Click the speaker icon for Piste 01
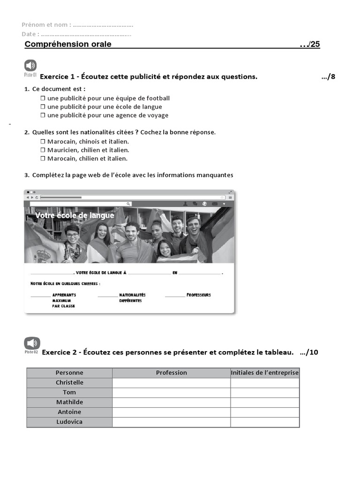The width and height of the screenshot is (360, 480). point(30,66)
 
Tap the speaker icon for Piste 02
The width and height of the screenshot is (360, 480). point(32,343)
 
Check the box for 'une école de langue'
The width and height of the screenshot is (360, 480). point(43,107)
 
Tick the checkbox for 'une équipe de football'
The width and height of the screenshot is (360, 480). point(43,98)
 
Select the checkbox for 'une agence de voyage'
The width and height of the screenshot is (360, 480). point(43,115)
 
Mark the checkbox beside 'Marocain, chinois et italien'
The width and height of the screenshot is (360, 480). point(43,142)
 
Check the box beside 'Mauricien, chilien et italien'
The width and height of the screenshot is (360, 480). point(43,150)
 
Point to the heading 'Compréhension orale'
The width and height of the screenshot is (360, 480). point(68,44)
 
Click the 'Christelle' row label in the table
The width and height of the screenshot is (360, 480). point(69,382)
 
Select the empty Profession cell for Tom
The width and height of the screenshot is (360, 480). point(171,392)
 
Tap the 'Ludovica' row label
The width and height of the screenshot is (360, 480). point(69,422)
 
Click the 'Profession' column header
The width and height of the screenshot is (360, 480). point(171,373)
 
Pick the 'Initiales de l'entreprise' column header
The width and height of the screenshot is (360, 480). point(264,373)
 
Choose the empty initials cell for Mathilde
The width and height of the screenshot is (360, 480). point(264,402)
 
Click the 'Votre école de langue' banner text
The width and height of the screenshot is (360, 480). point(75,216)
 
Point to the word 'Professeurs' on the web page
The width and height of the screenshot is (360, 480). point(198,295)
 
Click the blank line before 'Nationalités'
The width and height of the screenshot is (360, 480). point(107,296)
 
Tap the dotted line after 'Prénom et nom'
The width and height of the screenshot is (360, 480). point(103,25)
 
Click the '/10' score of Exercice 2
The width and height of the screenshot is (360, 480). point(309,352)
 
